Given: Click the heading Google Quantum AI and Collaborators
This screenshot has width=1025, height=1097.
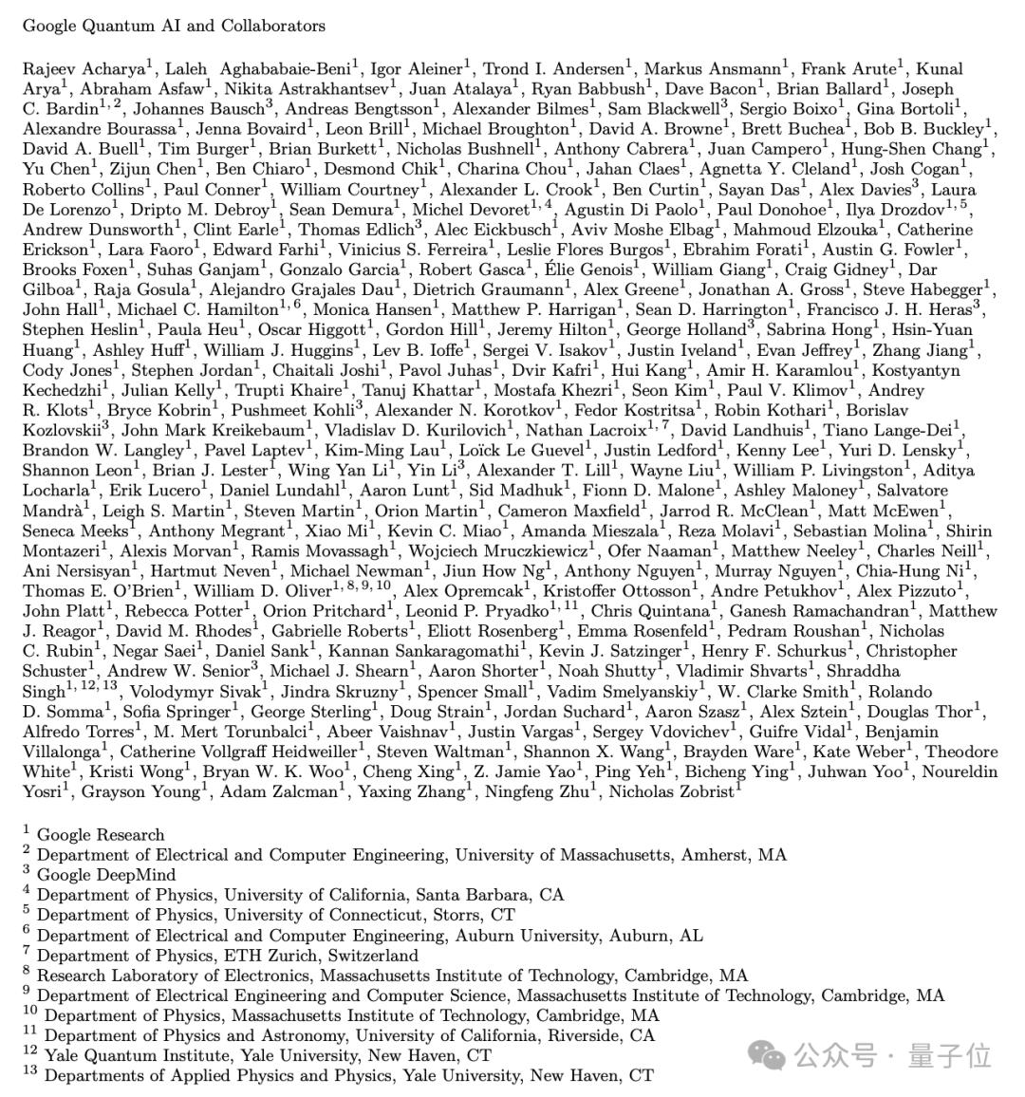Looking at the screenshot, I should [x=174, y=26].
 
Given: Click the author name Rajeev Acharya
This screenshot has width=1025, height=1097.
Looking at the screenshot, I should [x=83, y=68].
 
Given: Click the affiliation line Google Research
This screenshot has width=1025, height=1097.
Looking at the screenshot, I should [x=101, y=835].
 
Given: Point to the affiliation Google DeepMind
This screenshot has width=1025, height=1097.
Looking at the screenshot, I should [x=105, y=875].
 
